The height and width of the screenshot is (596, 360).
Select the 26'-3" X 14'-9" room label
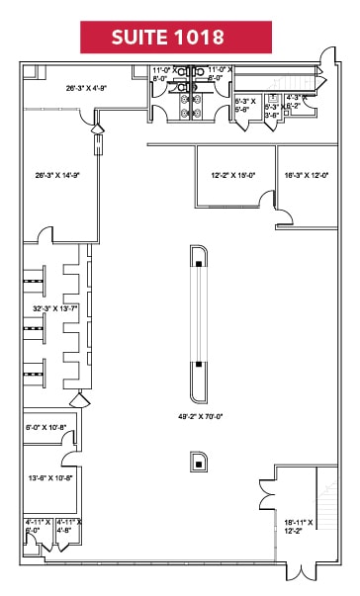pos(56,176)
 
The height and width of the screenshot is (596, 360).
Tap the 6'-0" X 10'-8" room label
pos(46,427)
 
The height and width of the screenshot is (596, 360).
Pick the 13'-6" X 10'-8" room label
pos(48,477)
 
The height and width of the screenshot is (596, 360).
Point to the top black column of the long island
pos(199,264)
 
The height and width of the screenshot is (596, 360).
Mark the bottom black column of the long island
pos(199,365)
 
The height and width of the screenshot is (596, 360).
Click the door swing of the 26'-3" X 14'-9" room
pos(45,234)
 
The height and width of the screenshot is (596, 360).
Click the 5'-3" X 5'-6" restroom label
pos(244,104)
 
